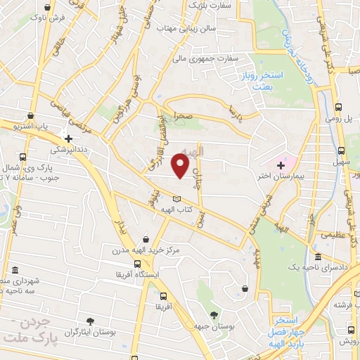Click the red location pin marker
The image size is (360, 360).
181,166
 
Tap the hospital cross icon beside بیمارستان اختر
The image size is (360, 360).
281,165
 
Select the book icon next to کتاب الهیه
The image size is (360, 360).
176,198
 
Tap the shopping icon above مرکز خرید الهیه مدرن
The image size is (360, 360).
146,239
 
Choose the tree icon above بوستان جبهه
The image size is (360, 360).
214,314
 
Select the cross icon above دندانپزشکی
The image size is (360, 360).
68,139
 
